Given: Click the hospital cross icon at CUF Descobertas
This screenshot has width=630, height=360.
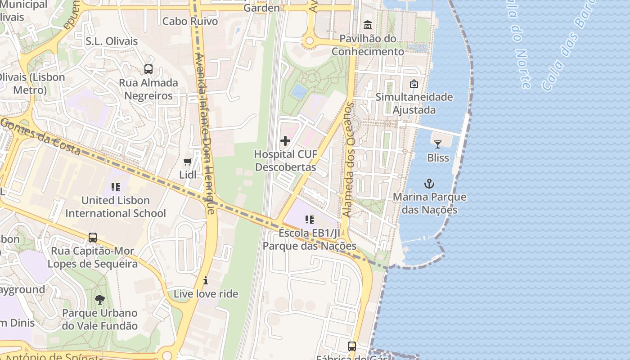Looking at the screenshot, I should coord(285,141).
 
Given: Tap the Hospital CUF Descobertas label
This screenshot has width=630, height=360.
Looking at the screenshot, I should coord(285,161).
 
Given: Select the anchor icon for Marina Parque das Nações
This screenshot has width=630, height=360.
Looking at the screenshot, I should coord(429,184).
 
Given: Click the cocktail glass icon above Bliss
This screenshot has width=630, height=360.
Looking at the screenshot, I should coord(437,144).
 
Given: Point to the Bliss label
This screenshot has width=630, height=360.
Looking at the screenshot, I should coord(438,158).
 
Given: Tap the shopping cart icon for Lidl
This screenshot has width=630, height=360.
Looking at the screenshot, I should coord(188,162).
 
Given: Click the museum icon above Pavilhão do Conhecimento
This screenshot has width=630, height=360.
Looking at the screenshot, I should coord(368,25).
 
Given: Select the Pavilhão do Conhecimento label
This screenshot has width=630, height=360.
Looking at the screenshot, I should coord(368,45).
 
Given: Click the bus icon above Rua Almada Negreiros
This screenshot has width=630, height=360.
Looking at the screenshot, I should coord(148,69).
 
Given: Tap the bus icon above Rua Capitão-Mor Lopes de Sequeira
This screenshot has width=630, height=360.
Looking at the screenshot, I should coord(93,237).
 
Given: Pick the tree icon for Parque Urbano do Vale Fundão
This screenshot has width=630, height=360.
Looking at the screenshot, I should coord(100,299).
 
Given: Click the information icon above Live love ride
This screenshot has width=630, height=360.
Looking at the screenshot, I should coord(206,280).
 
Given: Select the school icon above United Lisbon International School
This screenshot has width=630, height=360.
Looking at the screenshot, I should coord(116,187).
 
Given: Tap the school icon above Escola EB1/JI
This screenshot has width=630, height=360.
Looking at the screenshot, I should coord(310,220).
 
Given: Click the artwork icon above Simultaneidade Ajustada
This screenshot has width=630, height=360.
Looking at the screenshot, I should coord(414,84).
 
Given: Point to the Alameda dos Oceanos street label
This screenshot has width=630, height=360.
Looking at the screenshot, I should coord(349,160).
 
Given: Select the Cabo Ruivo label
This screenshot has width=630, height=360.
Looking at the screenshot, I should coord(190,21).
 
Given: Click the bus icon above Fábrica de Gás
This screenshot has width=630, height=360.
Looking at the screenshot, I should coord(352,346).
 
